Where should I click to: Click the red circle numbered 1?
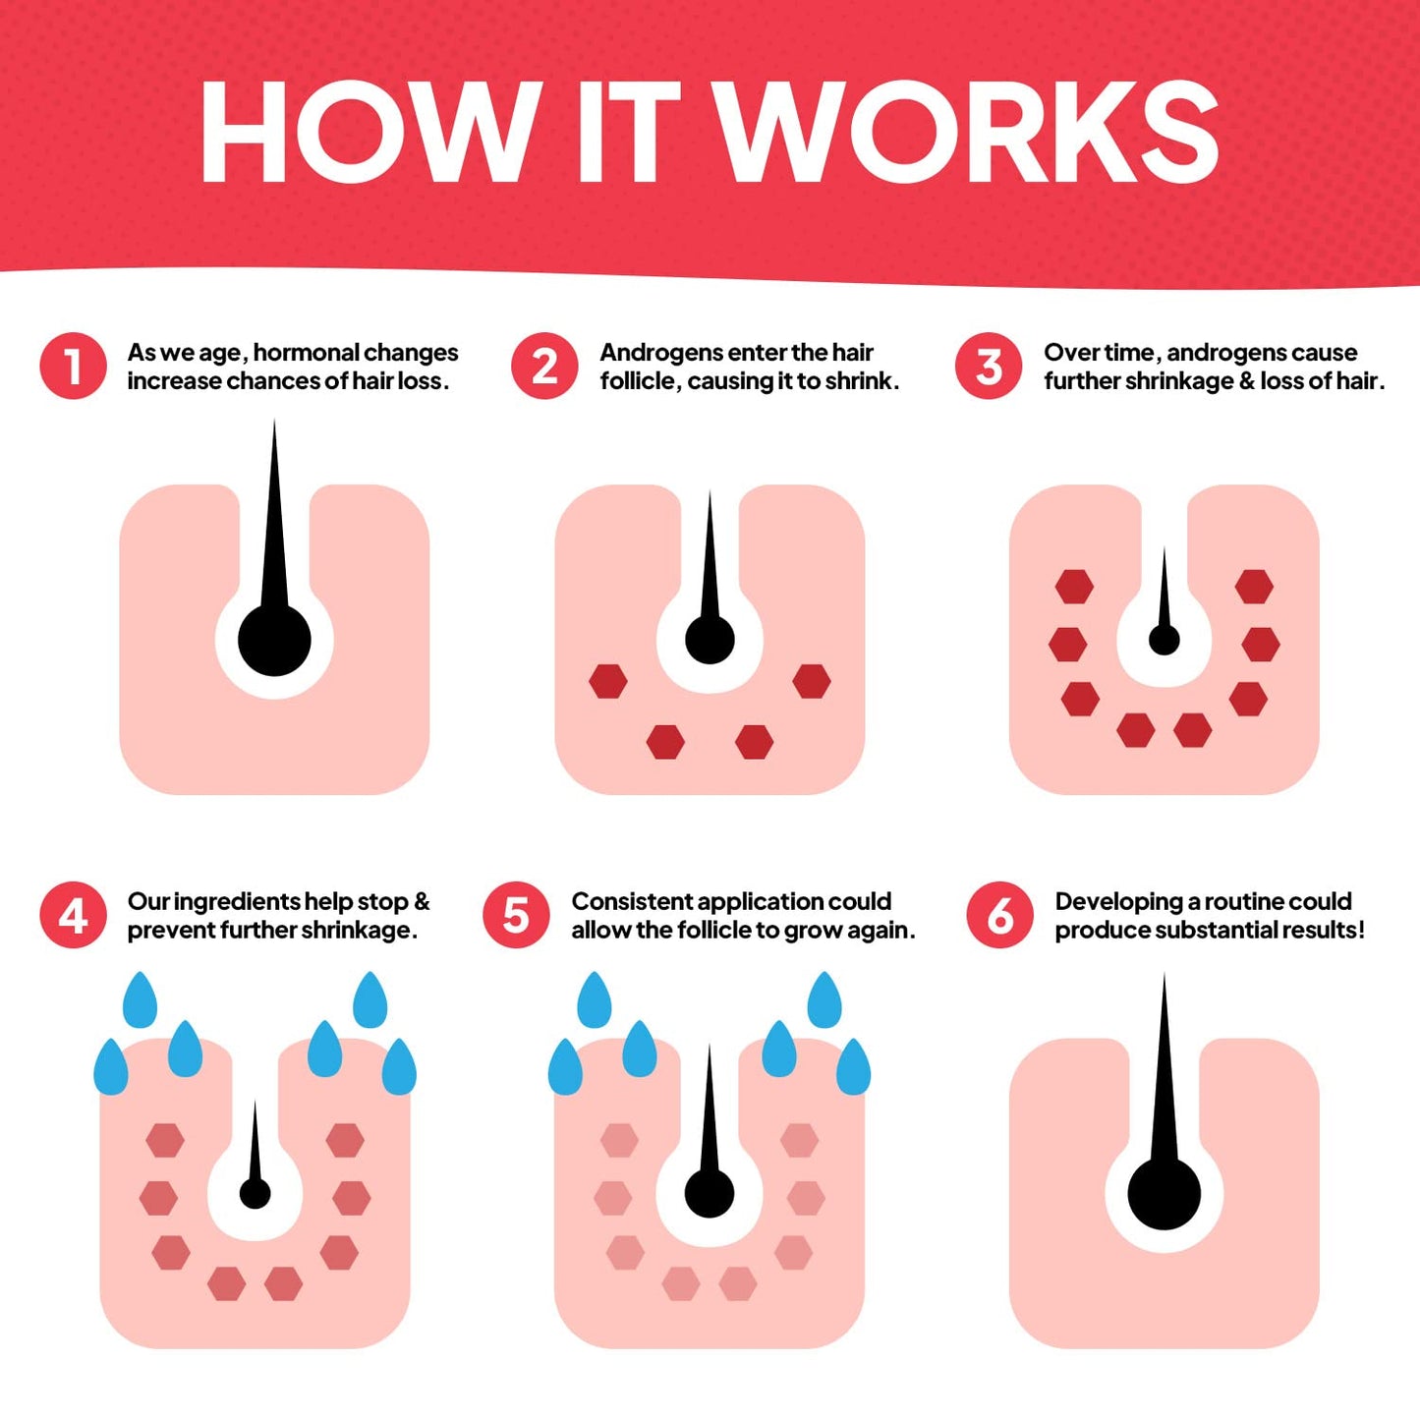click(x=74, y=367)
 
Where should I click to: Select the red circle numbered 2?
click(x=544, y=367)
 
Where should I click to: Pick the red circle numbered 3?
click(x=989, y=367)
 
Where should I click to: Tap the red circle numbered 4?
click(x=74, y=915)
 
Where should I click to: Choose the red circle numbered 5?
click(x=517, y=915)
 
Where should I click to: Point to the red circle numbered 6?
click(x=1000, y=915)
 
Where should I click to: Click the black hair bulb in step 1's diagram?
click(x=274, y=640)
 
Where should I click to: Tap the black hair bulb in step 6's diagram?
click(x=1164, y=1194)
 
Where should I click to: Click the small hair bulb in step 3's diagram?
click(x=1164, y=639)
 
